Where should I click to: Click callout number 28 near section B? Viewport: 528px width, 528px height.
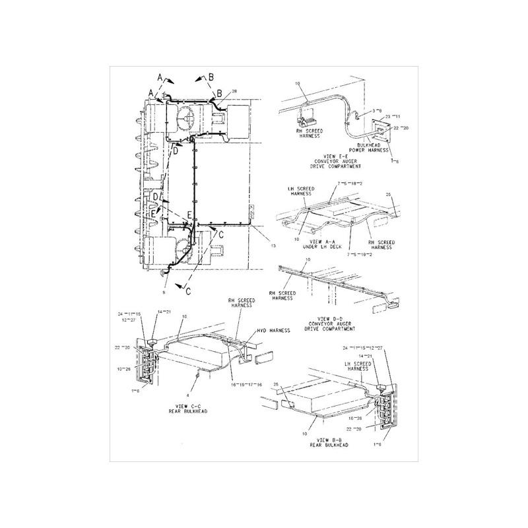click(x=234, y=91)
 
